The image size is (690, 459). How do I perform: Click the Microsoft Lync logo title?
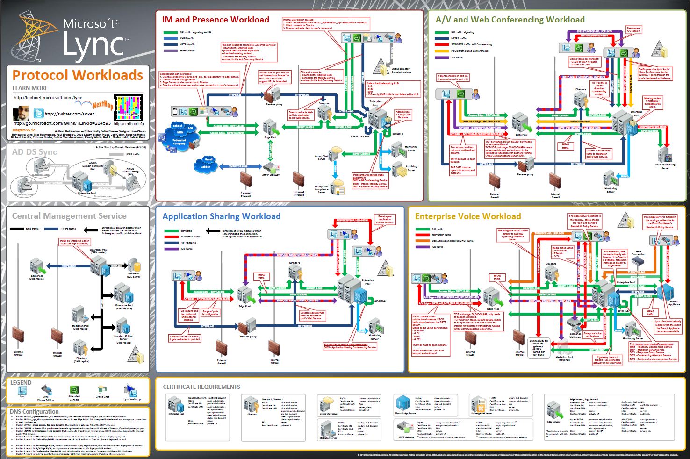(91, 37)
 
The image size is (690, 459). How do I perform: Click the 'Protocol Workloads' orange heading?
(78, 75)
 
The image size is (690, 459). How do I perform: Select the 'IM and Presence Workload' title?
(216, 20)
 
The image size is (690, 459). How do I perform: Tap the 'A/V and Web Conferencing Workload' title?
(510, 20)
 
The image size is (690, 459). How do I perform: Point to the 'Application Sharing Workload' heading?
(221, 216)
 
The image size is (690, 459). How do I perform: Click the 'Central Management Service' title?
(69, 216)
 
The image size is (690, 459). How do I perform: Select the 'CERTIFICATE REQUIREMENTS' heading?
(201, 387)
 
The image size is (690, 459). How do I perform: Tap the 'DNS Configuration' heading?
(34, 412)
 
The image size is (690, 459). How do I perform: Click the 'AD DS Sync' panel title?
(34, 152)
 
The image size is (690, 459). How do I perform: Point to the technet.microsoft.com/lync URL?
(48, 98)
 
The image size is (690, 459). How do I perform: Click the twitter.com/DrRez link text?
(69, 114)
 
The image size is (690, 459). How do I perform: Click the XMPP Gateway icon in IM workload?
(271, 166)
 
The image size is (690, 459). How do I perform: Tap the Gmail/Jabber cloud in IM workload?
(206, 163)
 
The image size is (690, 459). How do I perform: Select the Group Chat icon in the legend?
(102, 390)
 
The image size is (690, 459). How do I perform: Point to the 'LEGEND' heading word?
(21, 382)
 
